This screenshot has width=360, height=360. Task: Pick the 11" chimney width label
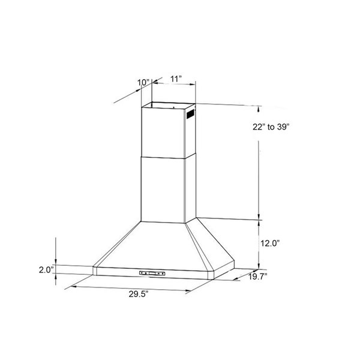176,78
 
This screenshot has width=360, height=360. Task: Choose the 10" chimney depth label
143,81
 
